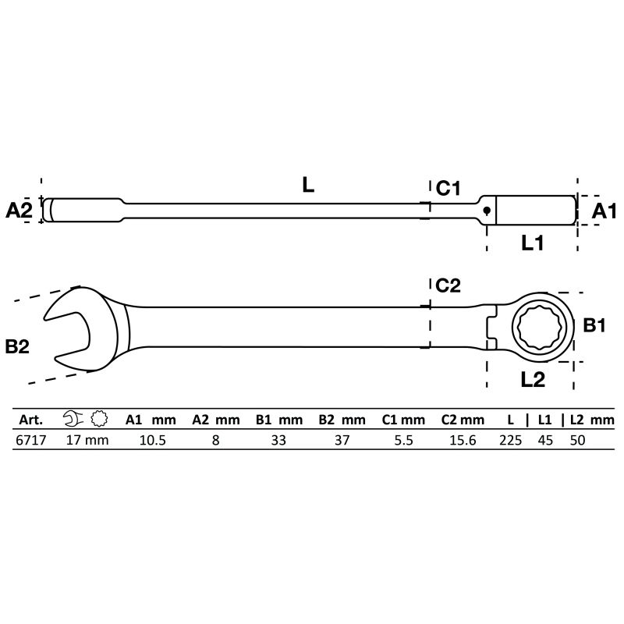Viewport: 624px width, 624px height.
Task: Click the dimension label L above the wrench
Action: pyautogui.click(x=308, y=185)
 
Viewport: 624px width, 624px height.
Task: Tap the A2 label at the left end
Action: pyautogui.click(x=19, y=210)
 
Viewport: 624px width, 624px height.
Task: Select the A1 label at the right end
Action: pyautogui.click(x=603, y=210)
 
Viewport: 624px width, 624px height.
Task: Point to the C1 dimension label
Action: pyautogui.click(x=449, y=188)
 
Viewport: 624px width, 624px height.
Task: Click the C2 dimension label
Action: pyautogui.click(x=449, y=286)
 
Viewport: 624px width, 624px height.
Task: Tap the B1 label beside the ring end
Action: pyautogui.click(x=596, y=326)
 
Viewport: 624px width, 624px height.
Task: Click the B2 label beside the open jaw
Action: pyautogui.click(x=17, y=346)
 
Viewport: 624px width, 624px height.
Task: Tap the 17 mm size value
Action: pyautogui.click(x=87, y=440)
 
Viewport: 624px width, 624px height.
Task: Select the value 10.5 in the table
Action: pyautogui.click(x=152, y=440)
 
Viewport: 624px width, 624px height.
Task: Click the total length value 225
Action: pyautogui.click(x=510, y=440)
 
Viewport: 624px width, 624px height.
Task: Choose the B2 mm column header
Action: pyautogui.click(x=342, y=420)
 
